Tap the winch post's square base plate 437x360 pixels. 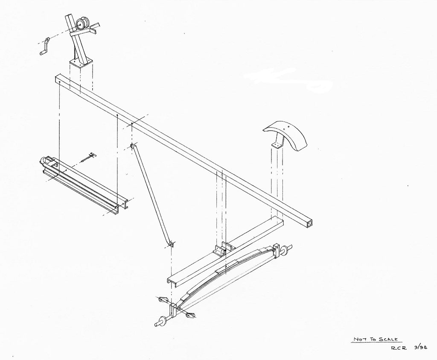coord(81,63)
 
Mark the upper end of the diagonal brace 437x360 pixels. coord(133,146)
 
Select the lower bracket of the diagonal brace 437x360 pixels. coord(172,244)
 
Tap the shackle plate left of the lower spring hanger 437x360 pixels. coord(162,300)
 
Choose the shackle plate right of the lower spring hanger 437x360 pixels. coord(190,316)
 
